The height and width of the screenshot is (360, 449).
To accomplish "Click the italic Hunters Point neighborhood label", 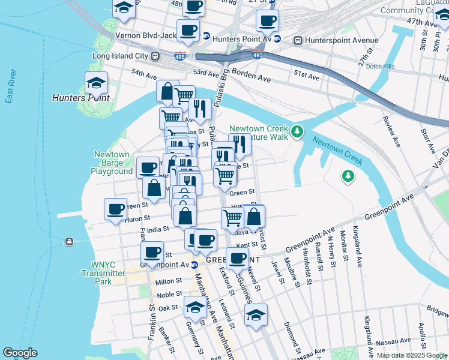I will pos(81,97).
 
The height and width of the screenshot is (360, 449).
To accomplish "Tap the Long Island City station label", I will pos(120,56).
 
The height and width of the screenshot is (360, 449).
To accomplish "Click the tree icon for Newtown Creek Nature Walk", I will pos(297,131).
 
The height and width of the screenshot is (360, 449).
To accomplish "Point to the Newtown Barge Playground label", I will pos(112,163).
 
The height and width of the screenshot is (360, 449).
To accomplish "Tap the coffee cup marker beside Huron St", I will pos(116,209).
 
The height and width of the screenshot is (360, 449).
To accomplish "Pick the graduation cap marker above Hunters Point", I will pos(96,82).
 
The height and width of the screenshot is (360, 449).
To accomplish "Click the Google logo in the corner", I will pos(20,353).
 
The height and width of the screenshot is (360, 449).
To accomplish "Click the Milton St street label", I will pos(169,281).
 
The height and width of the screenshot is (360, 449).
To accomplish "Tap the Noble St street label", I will pos(170,295).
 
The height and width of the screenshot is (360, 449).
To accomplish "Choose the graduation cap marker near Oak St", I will pos(195,307).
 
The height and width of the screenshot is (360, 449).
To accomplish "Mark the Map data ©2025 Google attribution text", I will pos(411,355).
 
